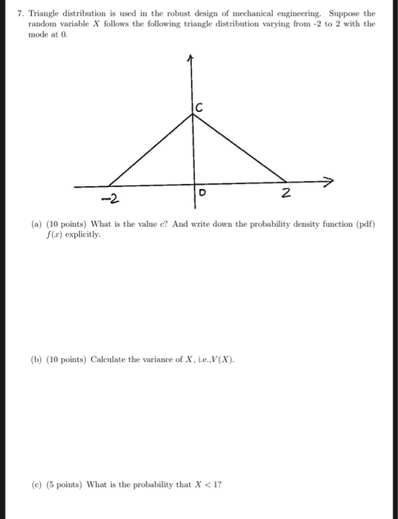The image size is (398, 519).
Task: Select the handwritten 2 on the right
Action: (287, 194)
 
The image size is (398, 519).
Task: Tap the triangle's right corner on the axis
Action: (286, 182)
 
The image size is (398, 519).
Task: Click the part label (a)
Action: (37, 225)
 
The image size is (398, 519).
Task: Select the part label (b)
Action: (37, 359)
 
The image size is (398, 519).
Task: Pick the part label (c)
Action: (37, 486)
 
